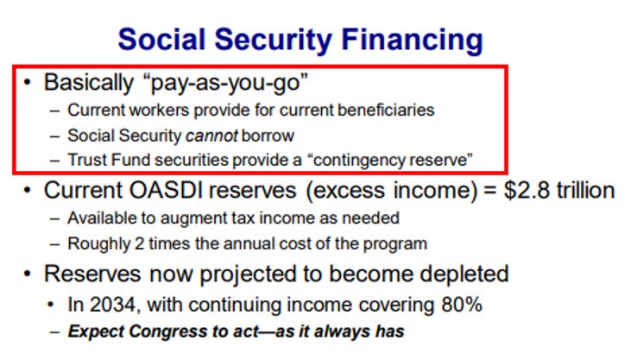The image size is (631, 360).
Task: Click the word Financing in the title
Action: pyautogui.click(x=412, y=41)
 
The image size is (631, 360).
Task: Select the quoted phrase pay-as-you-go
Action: pyautogui.click(x=226, y=83)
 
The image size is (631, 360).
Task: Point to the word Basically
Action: pyautogui.click(x=89, y=83)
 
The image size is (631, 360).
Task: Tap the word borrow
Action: pyautogui.click(x=268, y=136)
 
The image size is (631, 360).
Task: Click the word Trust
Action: pyautogui.click(x=87, y=160)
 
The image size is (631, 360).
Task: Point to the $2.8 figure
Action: pyautogui.click(x=527, y=190)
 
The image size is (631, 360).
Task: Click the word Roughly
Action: pyautogui.click(x=99, y=244)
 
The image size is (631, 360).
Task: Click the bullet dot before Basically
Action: pyautogui.click(x=28, y=83)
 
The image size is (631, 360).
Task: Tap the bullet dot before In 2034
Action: pyautogui.click(x=50, y=305)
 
